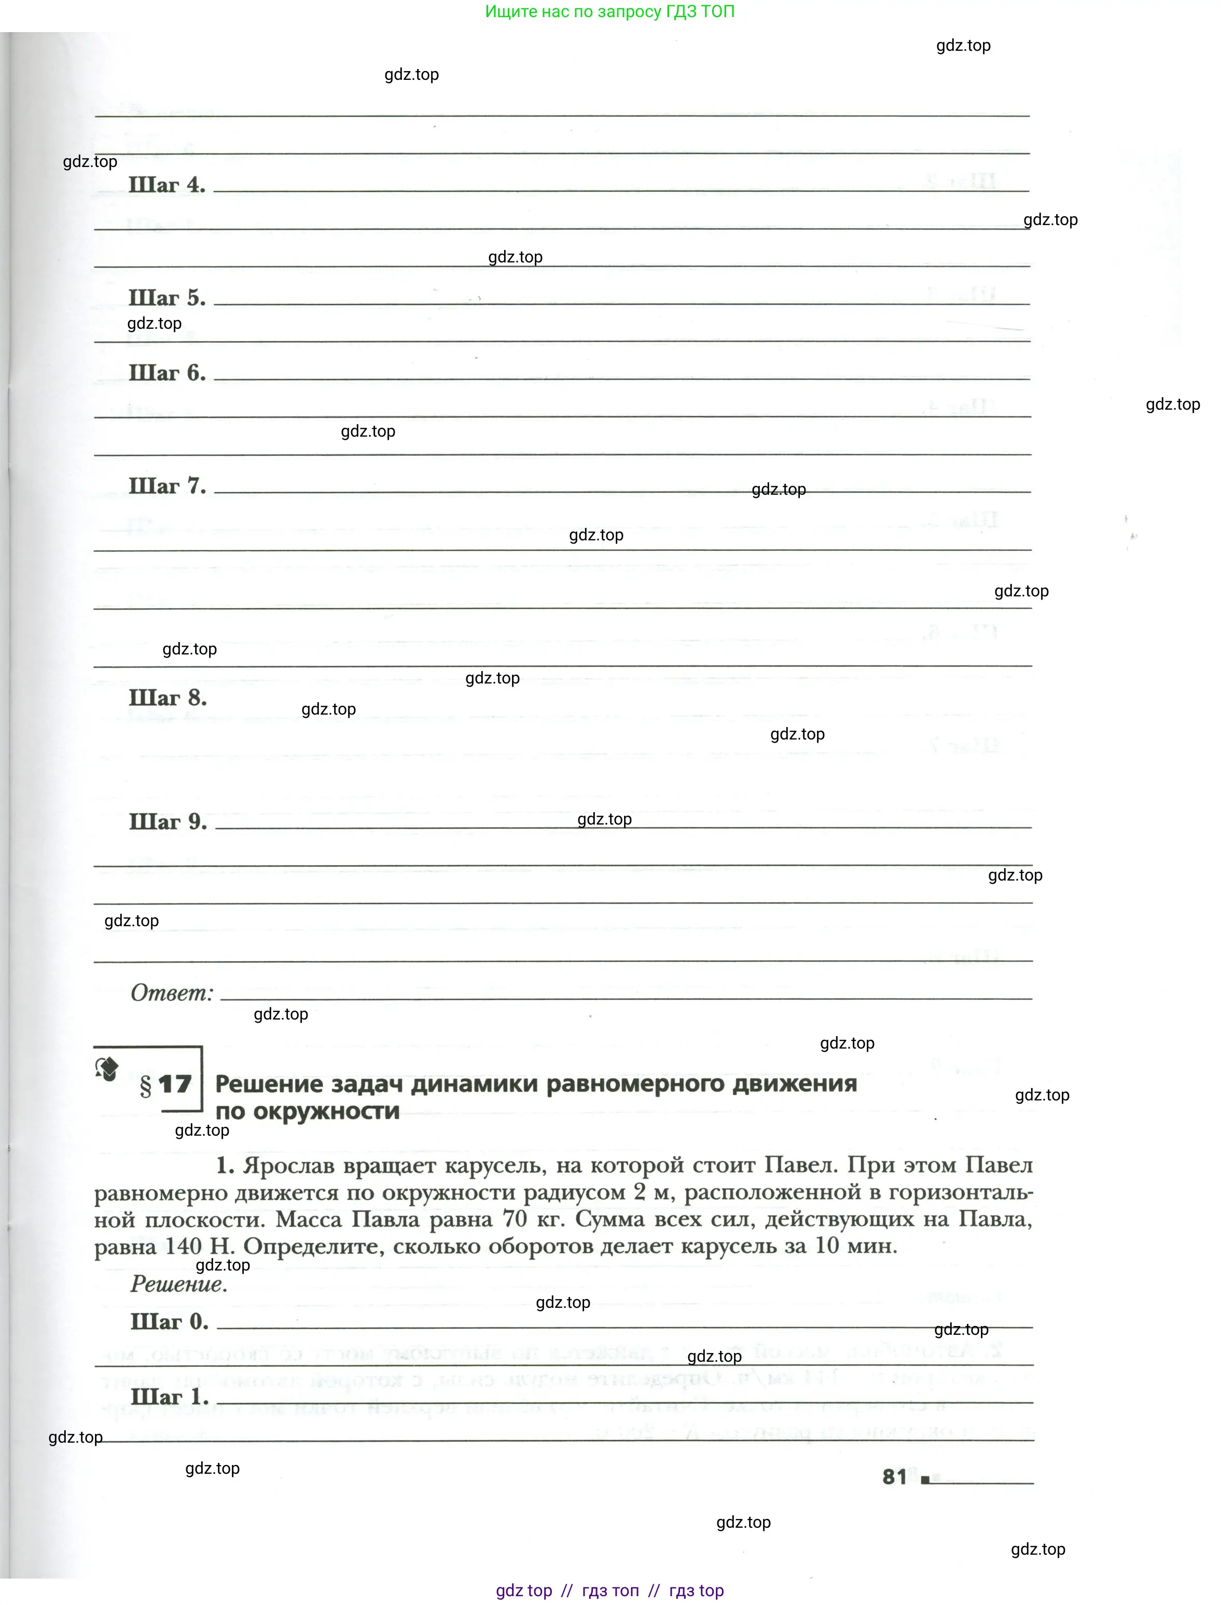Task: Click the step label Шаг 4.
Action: point(166,185)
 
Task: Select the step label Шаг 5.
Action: point(166,298)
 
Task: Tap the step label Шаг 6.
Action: point(166,373)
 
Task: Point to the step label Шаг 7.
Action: point(166,486)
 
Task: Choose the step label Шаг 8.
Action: point(167,698)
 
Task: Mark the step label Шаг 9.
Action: point(167,822)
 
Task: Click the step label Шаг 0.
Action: point(169,1322)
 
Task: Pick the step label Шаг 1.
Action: point(169,1397)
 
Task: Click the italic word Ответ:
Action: point(172,993)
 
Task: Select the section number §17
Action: point(165,1085)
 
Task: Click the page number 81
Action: point(895,1476)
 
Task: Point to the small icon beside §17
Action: point(107,1069)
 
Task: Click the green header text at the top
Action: point(610,11)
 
